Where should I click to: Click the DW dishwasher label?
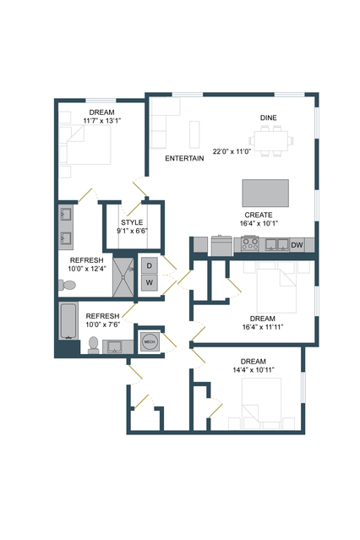(x=297, y=245)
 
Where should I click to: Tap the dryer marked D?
(x=150, y=265)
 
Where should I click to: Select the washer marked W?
(x=150, y=283)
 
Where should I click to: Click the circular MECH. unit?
(x=150, y=341)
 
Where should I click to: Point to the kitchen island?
(x=265, y=193)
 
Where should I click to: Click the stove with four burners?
(x=250, y=244)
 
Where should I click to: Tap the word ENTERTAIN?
(x=184, y=158)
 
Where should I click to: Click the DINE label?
(x=269, y=117)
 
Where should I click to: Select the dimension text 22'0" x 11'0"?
(x=232, y=151)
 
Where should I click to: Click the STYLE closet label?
(x=132, y=222)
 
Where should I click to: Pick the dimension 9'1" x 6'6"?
(x=132, y=231)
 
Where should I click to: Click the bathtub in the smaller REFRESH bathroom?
(x=68, y=321)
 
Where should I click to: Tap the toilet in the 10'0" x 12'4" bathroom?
(x=67, y=285)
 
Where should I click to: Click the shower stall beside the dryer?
(x=123, y=277)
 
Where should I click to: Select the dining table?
(x=271, y=141)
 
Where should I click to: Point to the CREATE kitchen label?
(x=259, y=215)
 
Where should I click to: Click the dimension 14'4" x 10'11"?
(x=254, y=370)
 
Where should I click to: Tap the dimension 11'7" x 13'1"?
(x=102, y=121)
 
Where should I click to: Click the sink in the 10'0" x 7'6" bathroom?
(x=115, y=346)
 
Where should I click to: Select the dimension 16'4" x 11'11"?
(x=263, y=327)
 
